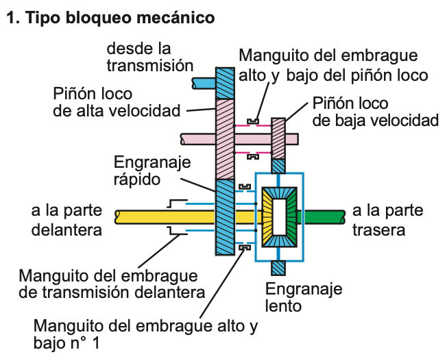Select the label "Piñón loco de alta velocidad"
tap(117, 101)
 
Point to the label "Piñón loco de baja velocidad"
tap(374, 112)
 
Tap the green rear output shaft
tap(322, 217)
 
